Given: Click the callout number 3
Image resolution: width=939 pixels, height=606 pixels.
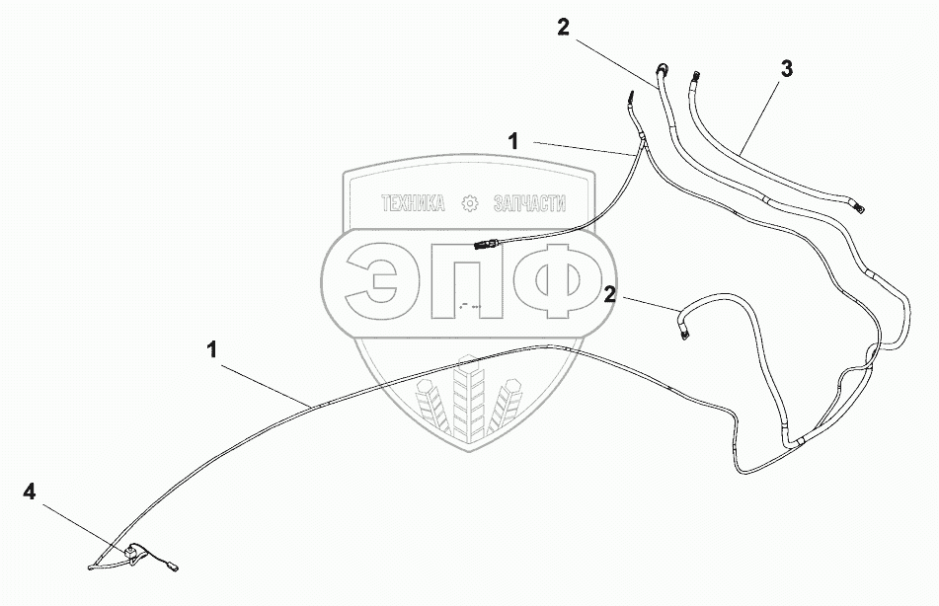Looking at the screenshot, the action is click(x=786, y=69).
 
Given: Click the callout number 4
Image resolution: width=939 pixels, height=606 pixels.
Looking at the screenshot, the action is click(x=31, y=492).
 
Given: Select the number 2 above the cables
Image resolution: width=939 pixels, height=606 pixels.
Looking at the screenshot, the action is click(x=563, y=28).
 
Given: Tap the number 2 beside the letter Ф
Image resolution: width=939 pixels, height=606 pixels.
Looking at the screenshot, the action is click(x=611, y=294).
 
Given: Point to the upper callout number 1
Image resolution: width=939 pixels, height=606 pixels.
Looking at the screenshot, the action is click(x=513, y=142).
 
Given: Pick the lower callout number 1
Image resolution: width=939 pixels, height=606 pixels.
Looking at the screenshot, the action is click(x=212, y=349).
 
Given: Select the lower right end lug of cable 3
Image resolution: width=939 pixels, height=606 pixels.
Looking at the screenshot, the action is click(x=861, y=206).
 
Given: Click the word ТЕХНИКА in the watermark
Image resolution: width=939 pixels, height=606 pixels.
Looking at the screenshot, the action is click(x=414, y=204).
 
